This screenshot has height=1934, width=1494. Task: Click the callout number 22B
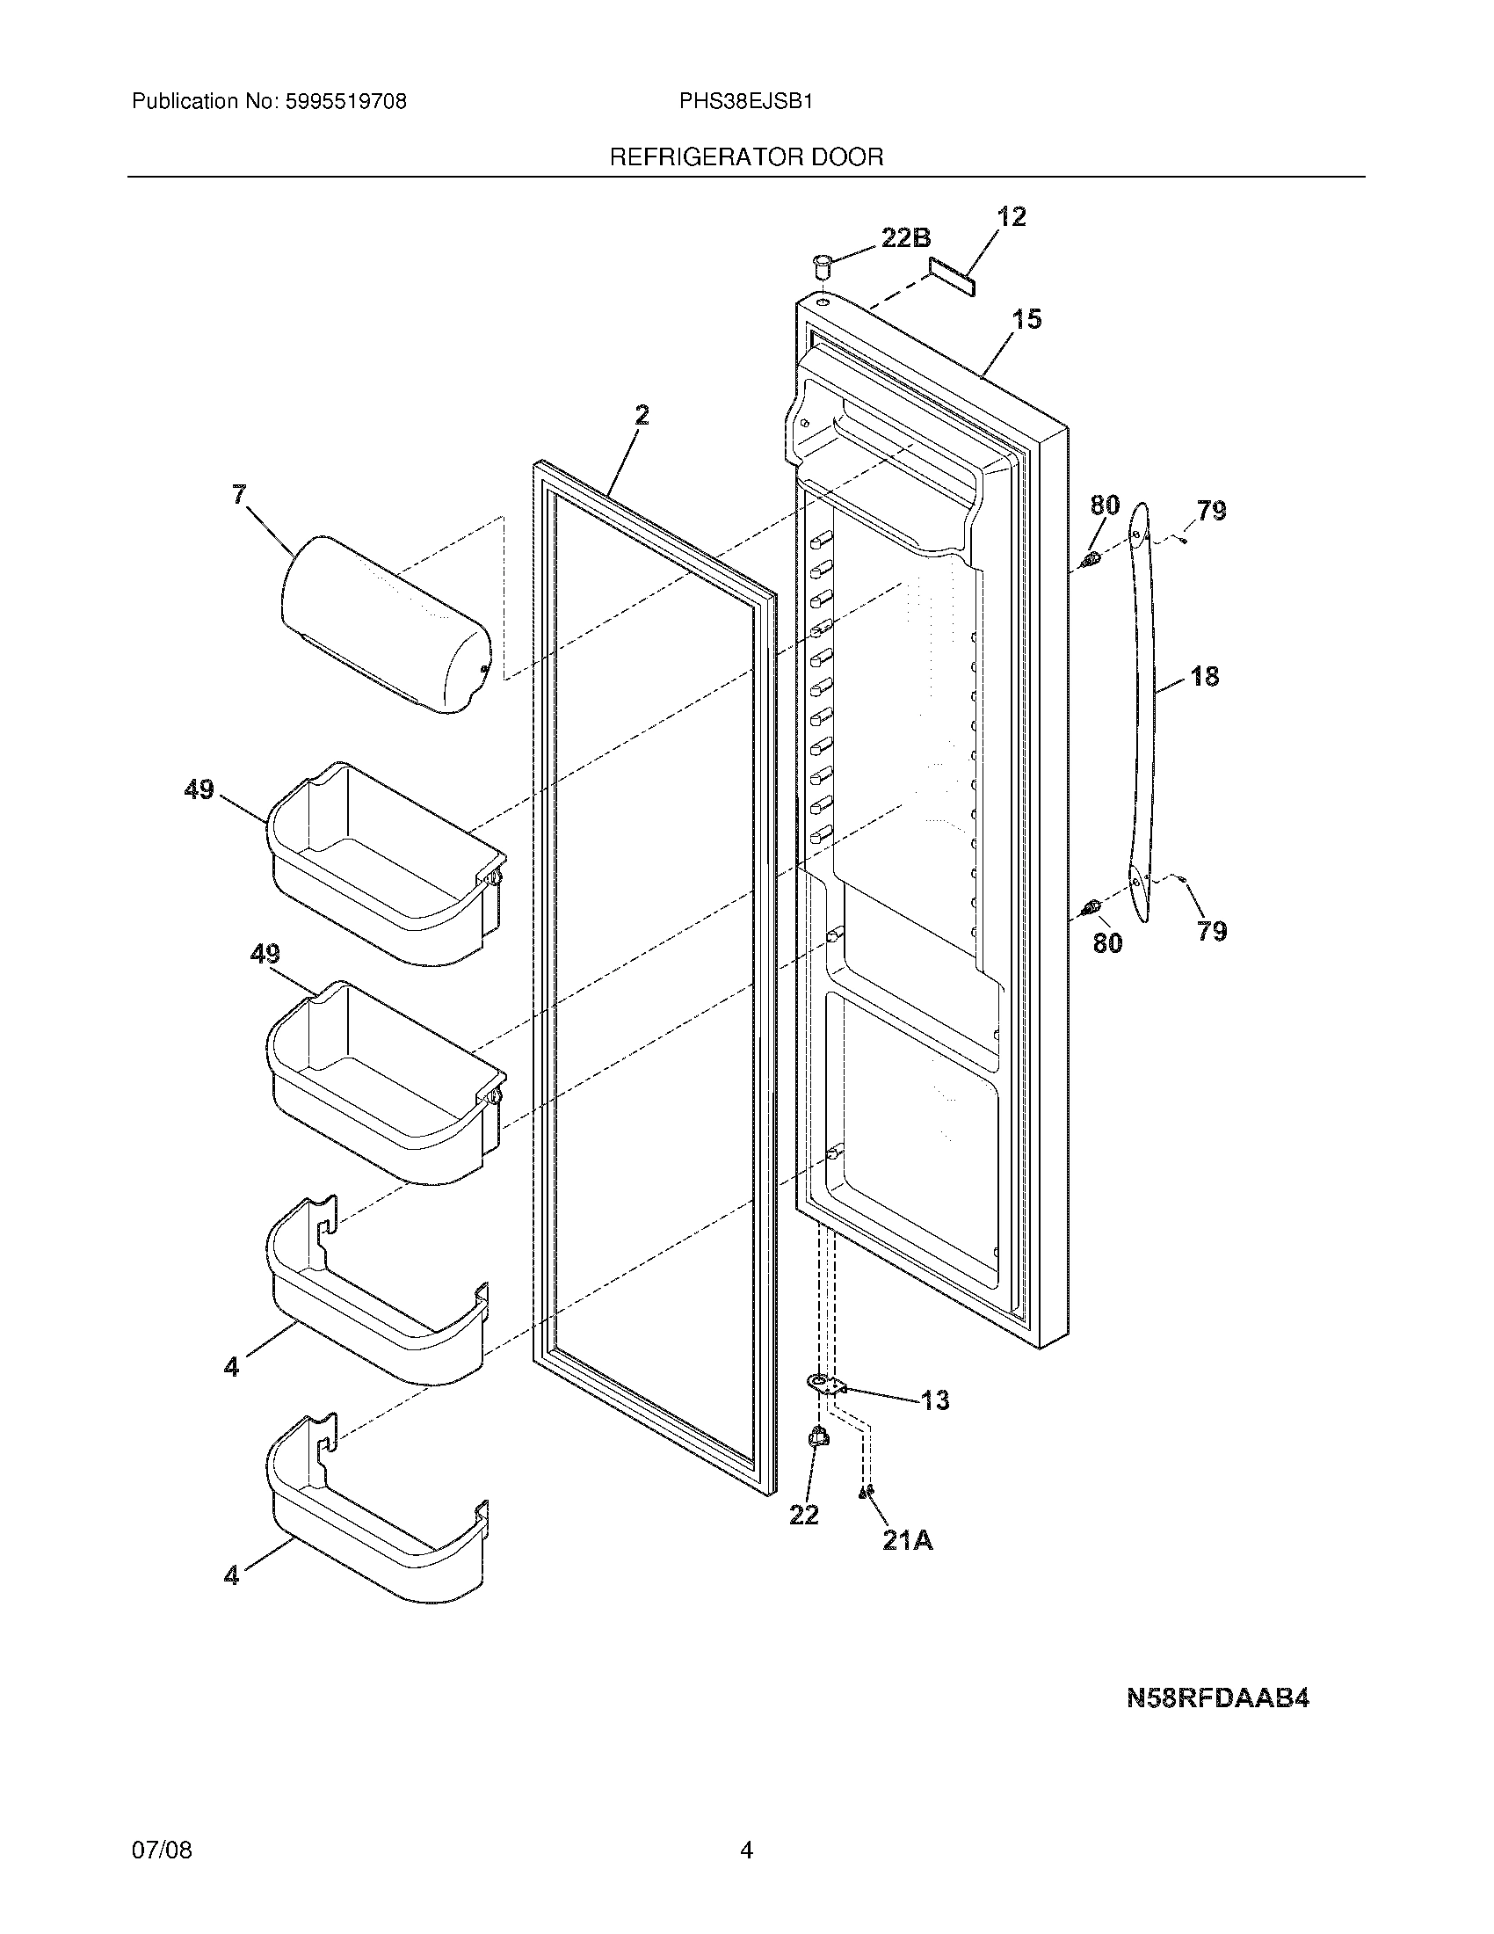pyautogui.click(x=905, y=238)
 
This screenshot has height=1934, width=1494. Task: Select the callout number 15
pyautogui.click(x=1026, y=320)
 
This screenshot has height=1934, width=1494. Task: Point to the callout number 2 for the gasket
pyautogui.click(x=642, y=414)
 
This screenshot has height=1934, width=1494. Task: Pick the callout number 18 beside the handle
pyautogui.click(x=1204, y=677)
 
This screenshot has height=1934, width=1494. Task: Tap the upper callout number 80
pyautogui.click(x=1105, y=506)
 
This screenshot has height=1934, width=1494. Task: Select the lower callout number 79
pyautogui.click(x=1212, y=931)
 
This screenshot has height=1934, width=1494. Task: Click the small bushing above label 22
pyautogui.click(x=819, y=1440)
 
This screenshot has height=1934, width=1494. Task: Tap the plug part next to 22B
pyautogui.click(x=822, y=264)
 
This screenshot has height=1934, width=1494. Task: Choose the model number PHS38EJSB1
pyautogui.click(x=745, y=102)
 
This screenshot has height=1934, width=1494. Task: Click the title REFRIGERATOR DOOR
pyautogui.click(x=746, y=157)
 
